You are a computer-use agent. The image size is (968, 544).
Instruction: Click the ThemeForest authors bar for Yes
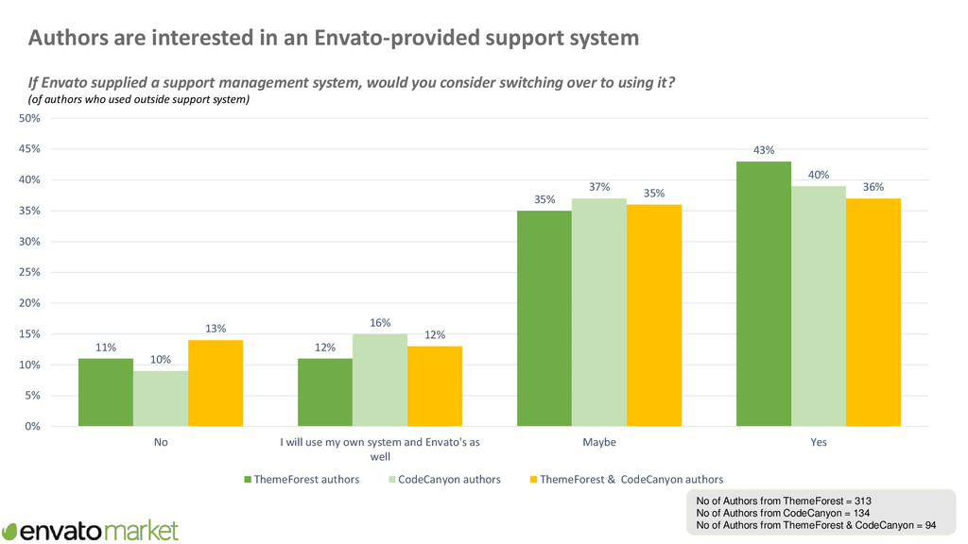tap(764, 294)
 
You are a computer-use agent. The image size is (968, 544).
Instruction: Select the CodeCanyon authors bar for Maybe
tap(599, 313)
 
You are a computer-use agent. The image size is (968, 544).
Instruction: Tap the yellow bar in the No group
tap(216, 383)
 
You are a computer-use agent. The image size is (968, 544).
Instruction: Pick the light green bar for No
tap(161, 399)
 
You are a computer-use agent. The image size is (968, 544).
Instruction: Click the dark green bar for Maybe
tap(544, 318)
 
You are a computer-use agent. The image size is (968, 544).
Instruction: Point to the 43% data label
tap(764, 149)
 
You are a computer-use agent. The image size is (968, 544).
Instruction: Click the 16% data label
tap(380, 323)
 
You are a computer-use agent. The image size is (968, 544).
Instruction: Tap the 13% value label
tap(216, 329)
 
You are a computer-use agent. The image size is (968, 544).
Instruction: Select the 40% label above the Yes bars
tap(819, 175)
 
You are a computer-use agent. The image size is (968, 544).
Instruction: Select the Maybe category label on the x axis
tap(599, 442)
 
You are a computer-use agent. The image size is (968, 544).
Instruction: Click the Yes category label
tap(819, 442)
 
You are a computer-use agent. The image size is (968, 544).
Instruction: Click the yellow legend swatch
tap(530, 479)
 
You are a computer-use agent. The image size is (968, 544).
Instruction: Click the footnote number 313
tap(869, 501)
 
